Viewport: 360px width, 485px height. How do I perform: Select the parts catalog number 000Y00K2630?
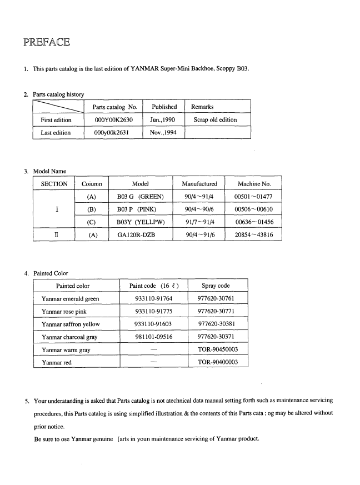[113, 119]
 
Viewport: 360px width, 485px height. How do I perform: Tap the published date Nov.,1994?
[164, 133]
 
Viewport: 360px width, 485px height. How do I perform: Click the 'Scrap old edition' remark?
[215, 119]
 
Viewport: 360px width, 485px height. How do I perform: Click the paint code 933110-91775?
[154, 312]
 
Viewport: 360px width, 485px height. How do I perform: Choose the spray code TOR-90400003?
[218, 362]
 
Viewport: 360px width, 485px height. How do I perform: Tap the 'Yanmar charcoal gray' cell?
[72, 337]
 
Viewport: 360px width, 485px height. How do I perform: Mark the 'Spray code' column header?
[217, 286]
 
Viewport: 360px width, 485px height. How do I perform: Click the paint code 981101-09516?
[154, 337]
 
